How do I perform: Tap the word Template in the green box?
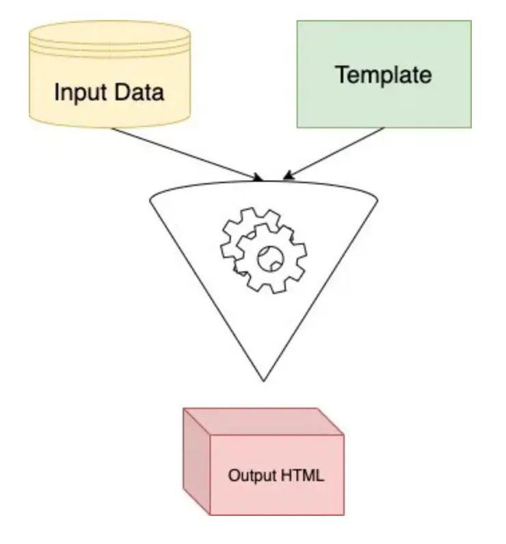(383, 74)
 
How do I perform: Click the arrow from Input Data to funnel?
(185, 154)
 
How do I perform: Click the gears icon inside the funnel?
(263, 249)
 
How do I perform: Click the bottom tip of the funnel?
(263, 380)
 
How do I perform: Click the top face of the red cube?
(263, 422)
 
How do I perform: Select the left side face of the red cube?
(196, 461)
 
